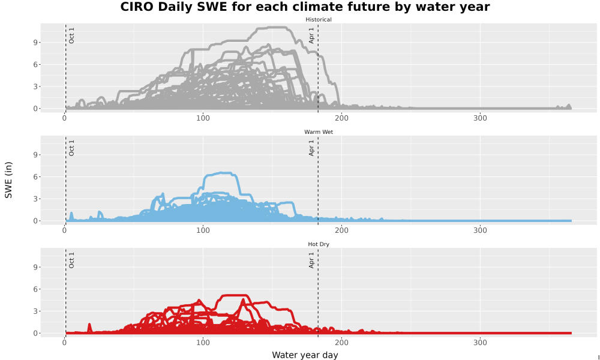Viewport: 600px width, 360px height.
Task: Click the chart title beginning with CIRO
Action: click(x=305, y=7)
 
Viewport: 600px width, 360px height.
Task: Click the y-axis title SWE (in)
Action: click(x=8, y=180)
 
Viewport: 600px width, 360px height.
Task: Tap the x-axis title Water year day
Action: click(x=305, y=355)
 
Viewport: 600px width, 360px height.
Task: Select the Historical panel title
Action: click(x=319, y=20)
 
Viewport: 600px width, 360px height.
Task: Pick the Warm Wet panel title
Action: click(x=319, y=132)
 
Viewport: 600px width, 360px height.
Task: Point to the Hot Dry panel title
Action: click(x=319, y=244)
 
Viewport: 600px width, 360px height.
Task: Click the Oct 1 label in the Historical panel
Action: click(x=71, y=35)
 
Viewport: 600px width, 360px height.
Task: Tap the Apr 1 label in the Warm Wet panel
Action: click(x=311, y=148)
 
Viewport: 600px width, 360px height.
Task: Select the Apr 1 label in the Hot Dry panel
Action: click(x=311, y=260)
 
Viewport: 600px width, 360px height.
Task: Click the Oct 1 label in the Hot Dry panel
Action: click(x=71, y=260)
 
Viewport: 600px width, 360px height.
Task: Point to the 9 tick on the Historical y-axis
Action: click(x=35, y=43)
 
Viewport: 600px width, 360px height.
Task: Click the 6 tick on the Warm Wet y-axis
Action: click(x=35, y=177)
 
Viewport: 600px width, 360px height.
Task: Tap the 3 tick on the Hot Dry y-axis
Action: click(x=35, y=311)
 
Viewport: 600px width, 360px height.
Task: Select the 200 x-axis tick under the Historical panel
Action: click(x=341, y=118)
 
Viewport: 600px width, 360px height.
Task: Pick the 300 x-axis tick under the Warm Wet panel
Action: click(x=480, y=230)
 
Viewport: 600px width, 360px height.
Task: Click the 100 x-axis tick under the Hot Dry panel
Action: click(x=203, y=343)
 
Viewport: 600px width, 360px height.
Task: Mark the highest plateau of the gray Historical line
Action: click(x=272, y=27)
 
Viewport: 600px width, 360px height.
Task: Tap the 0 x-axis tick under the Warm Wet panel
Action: click(x=64, y=230)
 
